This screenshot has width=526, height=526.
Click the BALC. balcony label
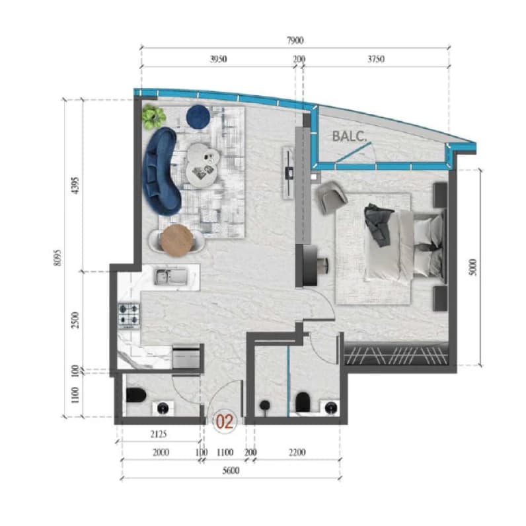(349, 136)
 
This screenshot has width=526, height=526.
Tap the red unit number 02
(224, 421)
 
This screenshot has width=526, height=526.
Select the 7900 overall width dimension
(295, 40)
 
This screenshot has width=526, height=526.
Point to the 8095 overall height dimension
(57, 258)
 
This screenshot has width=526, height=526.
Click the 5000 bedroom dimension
(472, 267)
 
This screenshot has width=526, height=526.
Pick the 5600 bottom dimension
(231, 470)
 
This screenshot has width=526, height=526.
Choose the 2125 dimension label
(158, 434)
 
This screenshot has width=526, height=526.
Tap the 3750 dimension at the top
(376, 59)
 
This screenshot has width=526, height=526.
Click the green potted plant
(154, 116)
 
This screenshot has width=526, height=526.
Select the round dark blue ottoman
(198, 116)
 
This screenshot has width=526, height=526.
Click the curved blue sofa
(162, 171)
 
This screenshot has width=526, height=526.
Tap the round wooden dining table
(176, 240)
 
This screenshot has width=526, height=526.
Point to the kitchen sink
(170, 277)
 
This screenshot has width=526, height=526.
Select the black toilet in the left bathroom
(136, 395)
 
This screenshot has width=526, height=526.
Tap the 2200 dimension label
(297, 453)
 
